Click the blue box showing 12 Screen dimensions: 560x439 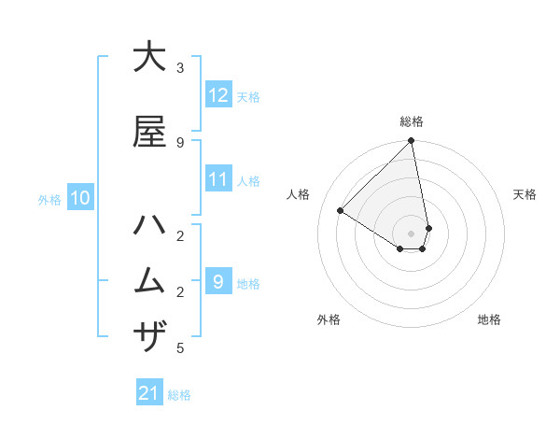[x=217, y=95]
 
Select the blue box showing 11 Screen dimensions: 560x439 [x=217, y=179]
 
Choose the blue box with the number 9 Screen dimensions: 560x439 [x=217, y=281]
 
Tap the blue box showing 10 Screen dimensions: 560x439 [x=79, y=198]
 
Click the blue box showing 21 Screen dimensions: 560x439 [x=149, y=393]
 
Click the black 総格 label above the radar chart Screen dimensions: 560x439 [x=412, y=121]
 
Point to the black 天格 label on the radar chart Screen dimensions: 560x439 [x=525, y=194]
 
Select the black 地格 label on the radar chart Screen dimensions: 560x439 [x=489, y=319]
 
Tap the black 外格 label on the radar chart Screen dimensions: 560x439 [x=329, y=319]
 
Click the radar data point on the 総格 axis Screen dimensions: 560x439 [x=412, y=142]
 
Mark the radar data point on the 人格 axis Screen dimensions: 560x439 [x=340, y=211]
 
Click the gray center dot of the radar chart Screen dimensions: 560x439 [x=412, y=233]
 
